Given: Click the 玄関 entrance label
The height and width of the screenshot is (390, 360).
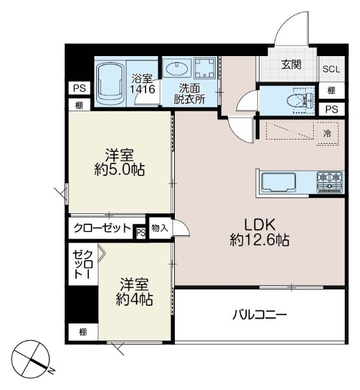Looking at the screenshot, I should click(x=291, y=65).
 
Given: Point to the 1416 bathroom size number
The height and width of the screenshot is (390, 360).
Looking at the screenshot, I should click(x=144, y=89).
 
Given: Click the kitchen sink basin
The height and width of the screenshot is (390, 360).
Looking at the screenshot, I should click(x=278, y=182).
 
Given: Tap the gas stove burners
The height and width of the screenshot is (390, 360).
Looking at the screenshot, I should click(x=329, y=180).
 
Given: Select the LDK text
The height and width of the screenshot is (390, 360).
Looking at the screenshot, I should click(x=259, y=223).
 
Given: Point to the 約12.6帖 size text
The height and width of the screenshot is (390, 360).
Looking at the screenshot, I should click(x=259, y=240).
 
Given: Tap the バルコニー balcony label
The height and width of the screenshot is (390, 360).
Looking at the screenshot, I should click(x=259, y=315).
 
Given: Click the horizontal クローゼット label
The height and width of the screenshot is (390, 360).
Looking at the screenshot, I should click(x=102, y=229).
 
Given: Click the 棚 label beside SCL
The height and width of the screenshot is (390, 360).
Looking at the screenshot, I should click(x=331, y=91).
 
